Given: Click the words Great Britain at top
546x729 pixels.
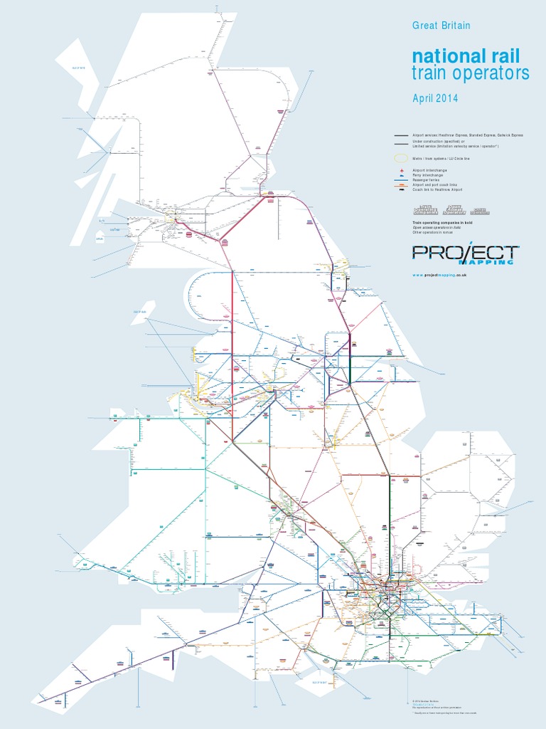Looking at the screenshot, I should (441, 25).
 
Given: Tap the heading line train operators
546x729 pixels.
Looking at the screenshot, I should (471, 73).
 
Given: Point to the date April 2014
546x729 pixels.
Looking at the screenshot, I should (436, 98).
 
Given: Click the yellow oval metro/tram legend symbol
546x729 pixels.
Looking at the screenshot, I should (402, 158).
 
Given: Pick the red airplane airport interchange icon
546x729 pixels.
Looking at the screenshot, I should (402, 172).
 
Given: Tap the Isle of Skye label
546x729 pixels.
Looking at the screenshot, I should (77, 68).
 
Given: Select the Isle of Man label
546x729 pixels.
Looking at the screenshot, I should (143, 311).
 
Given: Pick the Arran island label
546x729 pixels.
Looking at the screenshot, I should (100, 239).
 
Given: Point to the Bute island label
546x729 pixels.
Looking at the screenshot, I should (102, 221).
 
